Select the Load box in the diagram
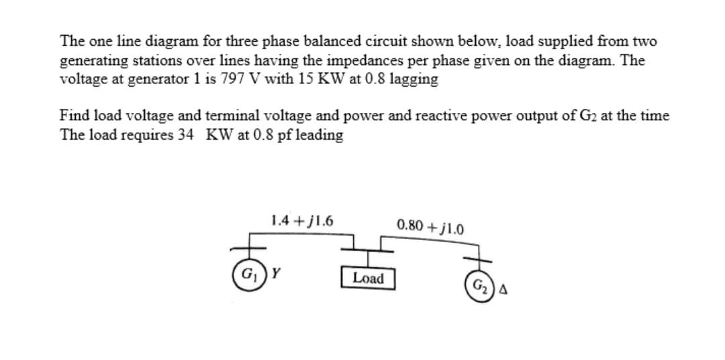(x=367, y=278)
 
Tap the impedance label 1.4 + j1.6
(x=302, y=220)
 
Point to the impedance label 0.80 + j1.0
(x=430, y=224)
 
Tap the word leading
(x=319, y=135)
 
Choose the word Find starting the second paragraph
(x=72, y=116)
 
